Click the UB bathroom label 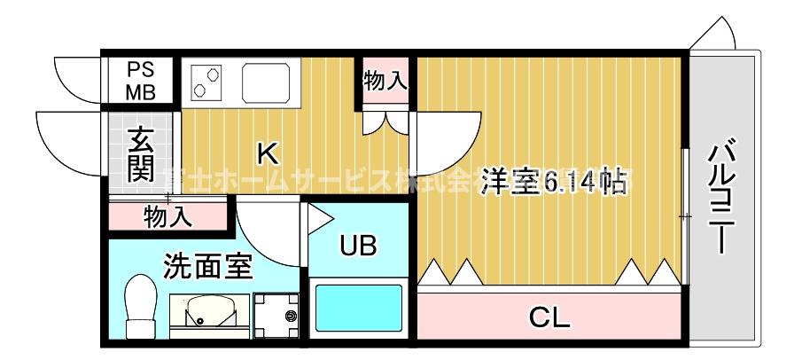coord(358,245)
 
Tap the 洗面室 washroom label coord(208,264)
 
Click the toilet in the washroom coord(139,307)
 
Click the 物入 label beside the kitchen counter coord(385,82)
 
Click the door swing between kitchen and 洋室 coord(443,142)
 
